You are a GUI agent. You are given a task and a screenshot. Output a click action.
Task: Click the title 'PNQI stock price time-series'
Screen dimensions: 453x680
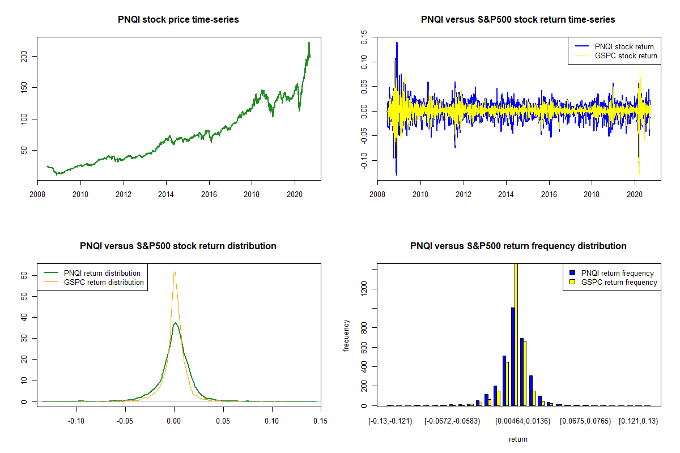point(178,20)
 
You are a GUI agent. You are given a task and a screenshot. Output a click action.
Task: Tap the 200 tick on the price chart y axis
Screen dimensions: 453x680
point(29,56)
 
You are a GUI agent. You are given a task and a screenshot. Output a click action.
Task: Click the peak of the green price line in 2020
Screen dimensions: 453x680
point(309,42)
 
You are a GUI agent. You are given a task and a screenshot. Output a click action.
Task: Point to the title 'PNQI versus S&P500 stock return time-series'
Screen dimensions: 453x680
point(518,20)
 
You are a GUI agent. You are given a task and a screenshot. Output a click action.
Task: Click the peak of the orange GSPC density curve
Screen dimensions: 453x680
point(175,272)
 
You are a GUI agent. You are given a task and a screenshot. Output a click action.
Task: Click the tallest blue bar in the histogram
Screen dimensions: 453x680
point(513,357)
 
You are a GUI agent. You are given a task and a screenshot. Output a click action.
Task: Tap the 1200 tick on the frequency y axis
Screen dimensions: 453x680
point(365,289)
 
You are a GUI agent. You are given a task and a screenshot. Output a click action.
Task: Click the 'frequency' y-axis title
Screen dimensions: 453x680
point(347,336)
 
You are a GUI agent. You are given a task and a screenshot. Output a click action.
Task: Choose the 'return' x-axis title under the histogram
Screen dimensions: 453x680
point(518,439)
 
